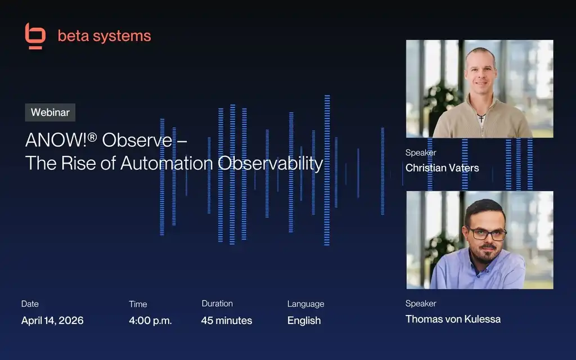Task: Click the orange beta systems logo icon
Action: [35, 36]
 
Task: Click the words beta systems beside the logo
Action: [104, 36]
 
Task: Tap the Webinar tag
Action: [50, 112]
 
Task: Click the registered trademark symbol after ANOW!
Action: [92, 137]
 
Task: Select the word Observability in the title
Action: [271, 163]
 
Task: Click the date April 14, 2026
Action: [52, 320]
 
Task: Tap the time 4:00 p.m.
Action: [150, 320]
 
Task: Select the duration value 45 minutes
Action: [227, 320]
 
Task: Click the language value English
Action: [304, 320]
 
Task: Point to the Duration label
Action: [217, 303]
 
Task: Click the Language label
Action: [305, 304]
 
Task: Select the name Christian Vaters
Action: [442, 168]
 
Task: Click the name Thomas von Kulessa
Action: [453, 319]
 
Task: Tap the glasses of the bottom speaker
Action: [487, 233]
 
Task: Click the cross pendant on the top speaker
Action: [481, 118]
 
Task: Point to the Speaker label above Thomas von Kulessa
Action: [421, 303]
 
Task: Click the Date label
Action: [30, 304]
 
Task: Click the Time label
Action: [138, 304]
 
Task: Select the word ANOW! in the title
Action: [56, 140]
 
